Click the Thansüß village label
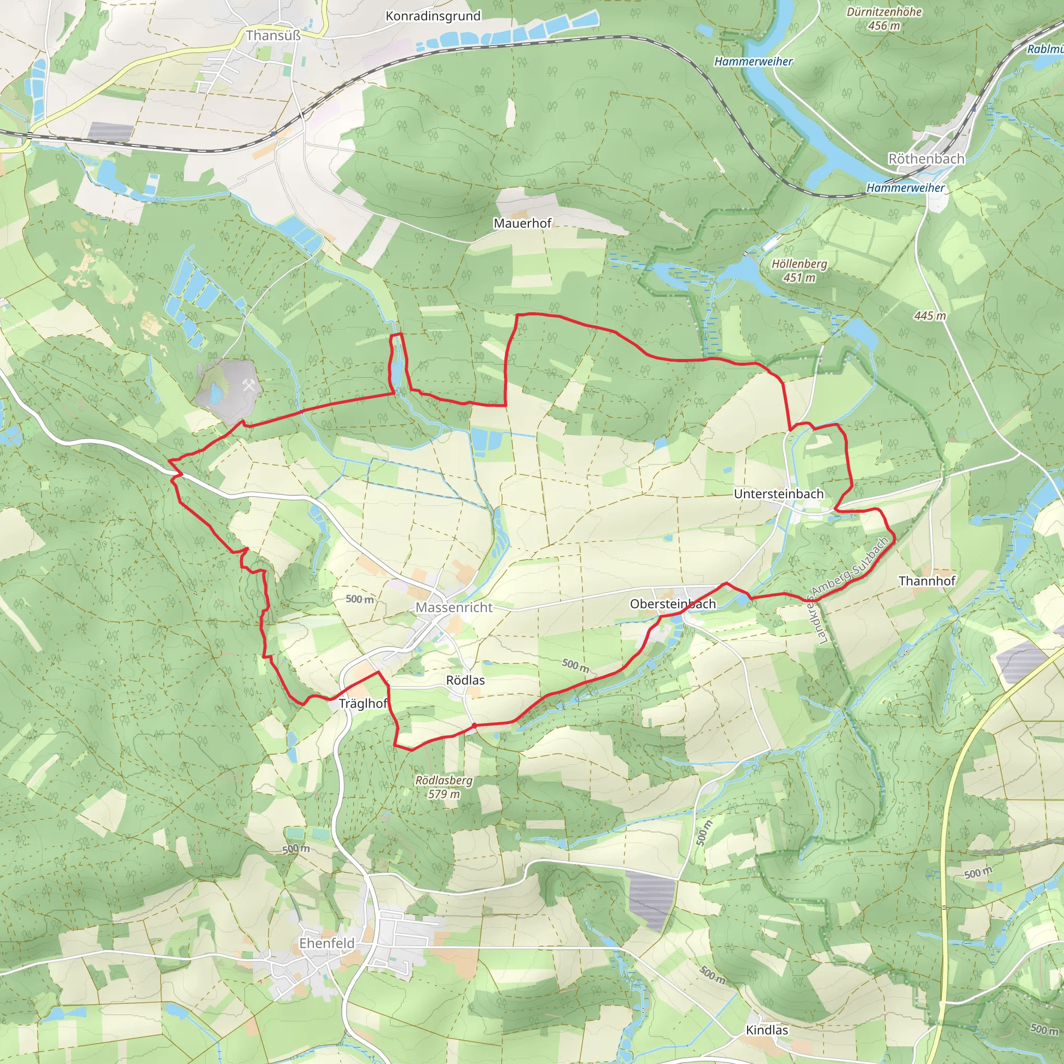(x=273, y=36)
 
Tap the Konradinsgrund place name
(x=433, y=16)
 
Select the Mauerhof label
(x=522, y=223)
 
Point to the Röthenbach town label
(x=926, y=158)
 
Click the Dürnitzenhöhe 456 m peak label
(x=884, y=19)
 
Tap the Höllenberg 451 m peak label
(x=799, y=270)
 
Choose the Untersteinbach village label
(x=779, y=494)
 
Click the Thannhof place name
(x=927, y=580)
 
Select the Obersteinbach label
(x=672, y=604)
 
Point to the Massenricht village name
(x=454, y=607)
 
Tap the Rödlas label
(x=465, y=680)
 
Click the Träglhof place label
(x=363, y=703)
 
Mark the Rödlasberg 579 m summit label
(x=444, y=787)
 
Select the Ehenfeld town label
(x=327, y=943)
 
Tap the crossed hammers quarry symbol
(x=249, y=385)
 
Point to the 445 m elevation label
(x=929, y=315)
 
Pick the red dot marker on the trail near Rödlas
(x=474, y=726)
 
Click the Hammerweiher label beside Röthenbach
(x=906, y=188)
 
